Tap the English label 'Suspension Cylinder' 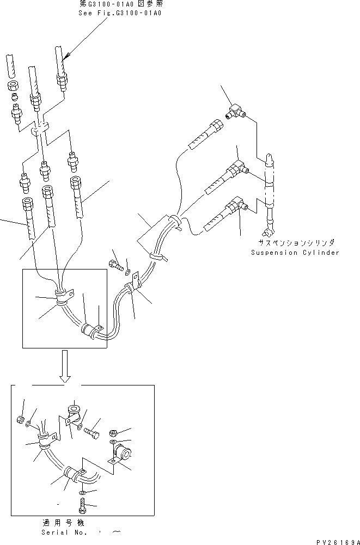click(295, 253)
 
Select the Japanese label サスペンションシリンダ click(297, 243)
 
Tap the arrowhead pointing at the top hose click(65, 56)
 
